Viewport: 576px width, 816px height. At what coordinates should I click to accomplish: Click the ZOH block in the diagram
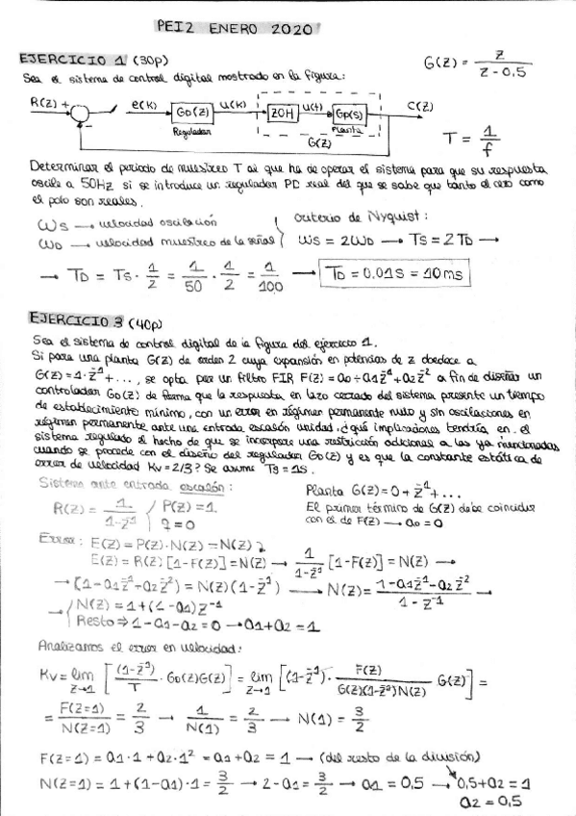click(x=282, y=112)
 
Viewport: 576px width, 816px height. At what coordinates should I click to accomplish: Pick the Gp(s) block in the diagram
click(x=352, y=114)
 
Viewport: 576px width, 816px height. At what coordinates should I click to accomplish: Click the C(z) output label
click(x=420, y=106)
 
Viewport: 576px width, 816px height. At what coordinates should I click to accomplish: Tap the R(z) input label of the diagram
click(x=44, y=101)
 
